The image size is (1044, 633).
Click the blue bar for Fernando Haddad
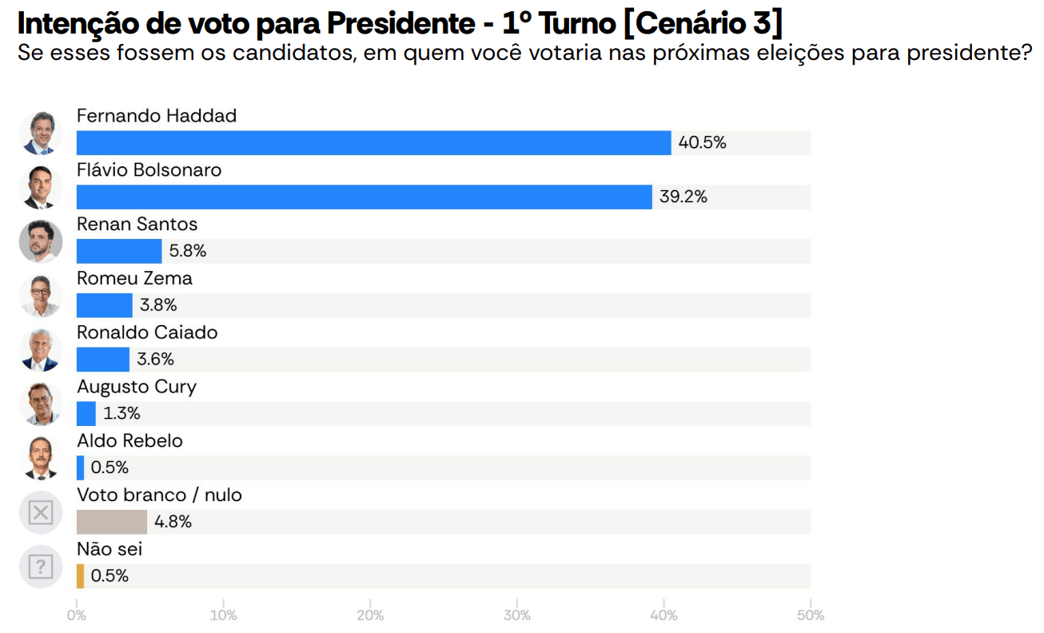373,143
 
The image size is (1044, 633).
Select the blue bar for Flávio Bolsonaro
364,197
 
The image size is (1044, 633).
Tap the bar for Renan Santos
119,251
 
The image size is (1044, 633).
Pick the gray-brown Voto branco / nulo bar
112,522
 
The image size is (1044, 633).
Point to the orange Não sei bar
80,576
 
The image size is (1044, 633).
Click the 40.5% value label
702,143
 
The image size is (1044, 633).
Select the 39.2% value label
683,197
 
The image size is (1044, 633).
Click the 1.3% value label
122,414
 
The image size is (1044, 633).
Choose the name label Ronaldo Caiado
147,332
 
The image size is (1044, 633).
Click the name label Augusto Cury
137,387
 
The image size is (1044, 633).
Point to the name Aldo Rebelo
130,441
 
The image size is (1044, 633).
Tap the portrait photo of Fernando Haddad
40,133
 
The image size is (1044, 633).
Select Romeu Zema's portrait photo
40,296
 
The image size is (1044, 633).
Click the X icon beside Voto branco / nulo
40,512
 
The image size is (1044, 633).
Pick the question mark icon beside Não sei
40,567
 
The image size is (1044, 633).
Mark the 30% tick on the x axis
517,615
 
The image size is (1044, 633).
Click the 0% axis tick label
77,615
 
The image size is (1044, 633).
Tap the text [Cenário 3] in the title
702,24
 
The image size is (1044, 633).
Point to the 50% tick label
811,615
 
